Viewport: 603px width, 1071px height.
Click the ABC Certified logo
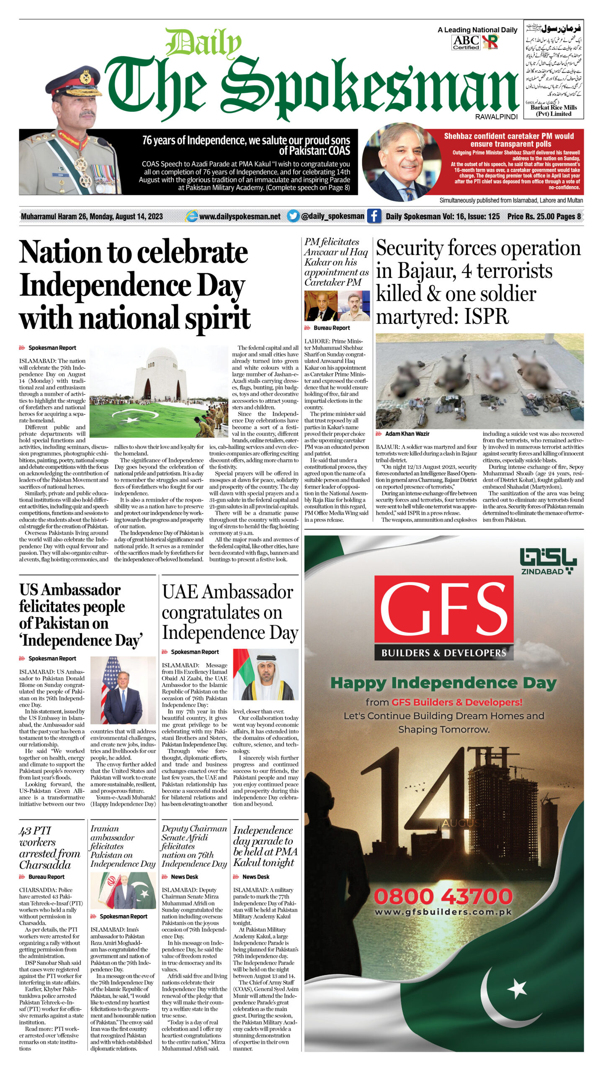click(x=466, y=42)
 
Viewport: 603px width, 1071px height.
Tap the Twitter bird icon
click(x=293, y=216)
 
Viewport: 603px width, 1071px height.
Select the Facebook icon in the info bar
click(x=374, y=216)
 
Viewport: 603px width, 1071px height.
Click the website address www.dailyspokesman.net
click(x=240, y=216)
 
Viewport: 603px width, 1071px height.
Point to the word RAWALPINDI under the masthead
click(x=496, y=117)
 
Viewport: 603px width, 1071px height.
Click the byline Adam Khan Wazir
click(x=407, y=434)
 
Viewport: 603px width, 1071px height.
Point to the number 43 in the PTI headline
click(x=25, y=831)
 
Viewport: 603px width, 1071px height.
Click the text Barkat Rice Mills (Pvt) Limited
click(x=554, y=110)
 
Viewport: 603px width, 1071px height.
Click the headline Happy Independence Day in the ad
click(x=443, y=683)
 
